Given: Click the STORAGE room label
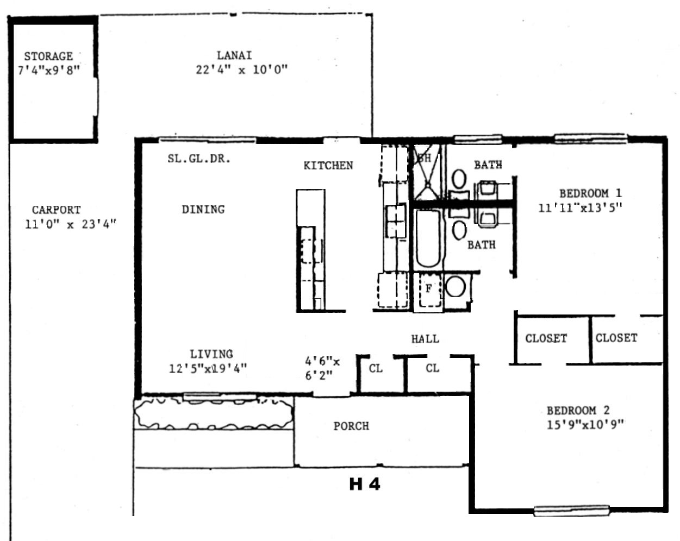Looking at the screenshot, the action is (x=48, y=56).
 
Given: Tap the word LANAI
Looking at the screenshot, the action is (x=234, y=55).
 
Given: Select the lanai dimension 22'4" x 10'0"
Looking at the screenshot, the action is (x=242, y=70).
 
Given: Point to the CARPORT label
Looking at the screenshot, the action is (x=56, y=210).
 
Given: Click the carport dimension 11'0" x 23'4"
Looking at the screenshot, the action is (x=71, y=224).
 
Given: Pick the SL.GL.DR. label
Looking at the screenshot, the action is (x=199, y=159).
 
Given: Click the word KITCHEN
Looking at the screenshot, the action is (x=328, y=166).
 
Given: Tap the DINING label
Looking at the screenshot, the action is (x=203, y=209).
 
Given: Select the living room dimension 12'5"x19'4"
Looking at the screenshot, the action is (x=208, y=369).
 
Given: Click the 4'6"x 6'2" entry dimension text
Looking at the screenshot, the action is (x=322, y=368).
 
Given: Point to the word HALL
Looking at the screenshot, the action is (x=425, y=339).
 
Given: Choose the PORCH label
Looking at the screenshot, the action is (x=351, y=426).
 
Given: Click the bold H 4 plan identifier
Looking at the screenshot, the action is (x=365, y=484).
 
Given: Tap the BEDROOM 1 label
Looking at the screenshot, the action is (x=590, y=193).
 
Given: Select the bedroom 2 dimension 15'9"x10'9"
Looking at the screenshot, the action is (x=585, y=424).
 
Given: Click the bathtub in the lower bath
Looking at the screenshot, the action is (x=428, y=239).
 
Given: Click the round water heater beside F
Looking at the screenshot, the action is (x=455, y=287).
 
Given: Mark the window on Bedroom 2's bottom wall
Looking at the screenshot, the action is (x=571, y=511).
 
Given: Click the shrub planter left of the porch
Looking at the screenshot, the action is (x=214, y=413).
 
